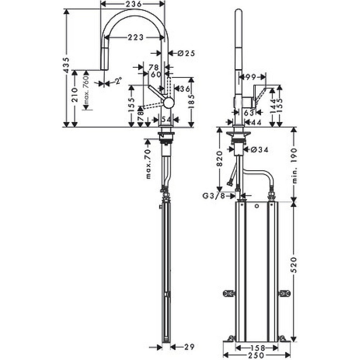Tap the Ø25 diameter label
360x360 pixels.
pos(186,53)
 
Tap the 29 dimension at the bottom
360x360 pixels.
pos(187,347)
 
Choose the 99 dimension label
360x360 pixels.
pos(252,76)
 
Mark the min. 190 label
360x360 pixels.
pos(294,165)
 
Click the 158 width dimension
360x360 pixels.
pos(257,348)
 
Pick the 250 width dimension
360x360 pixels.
pos(257,355)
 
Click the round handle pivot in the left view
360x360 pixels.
pos(168,103)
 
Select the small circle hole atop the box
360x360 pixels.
pos(256,207)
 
